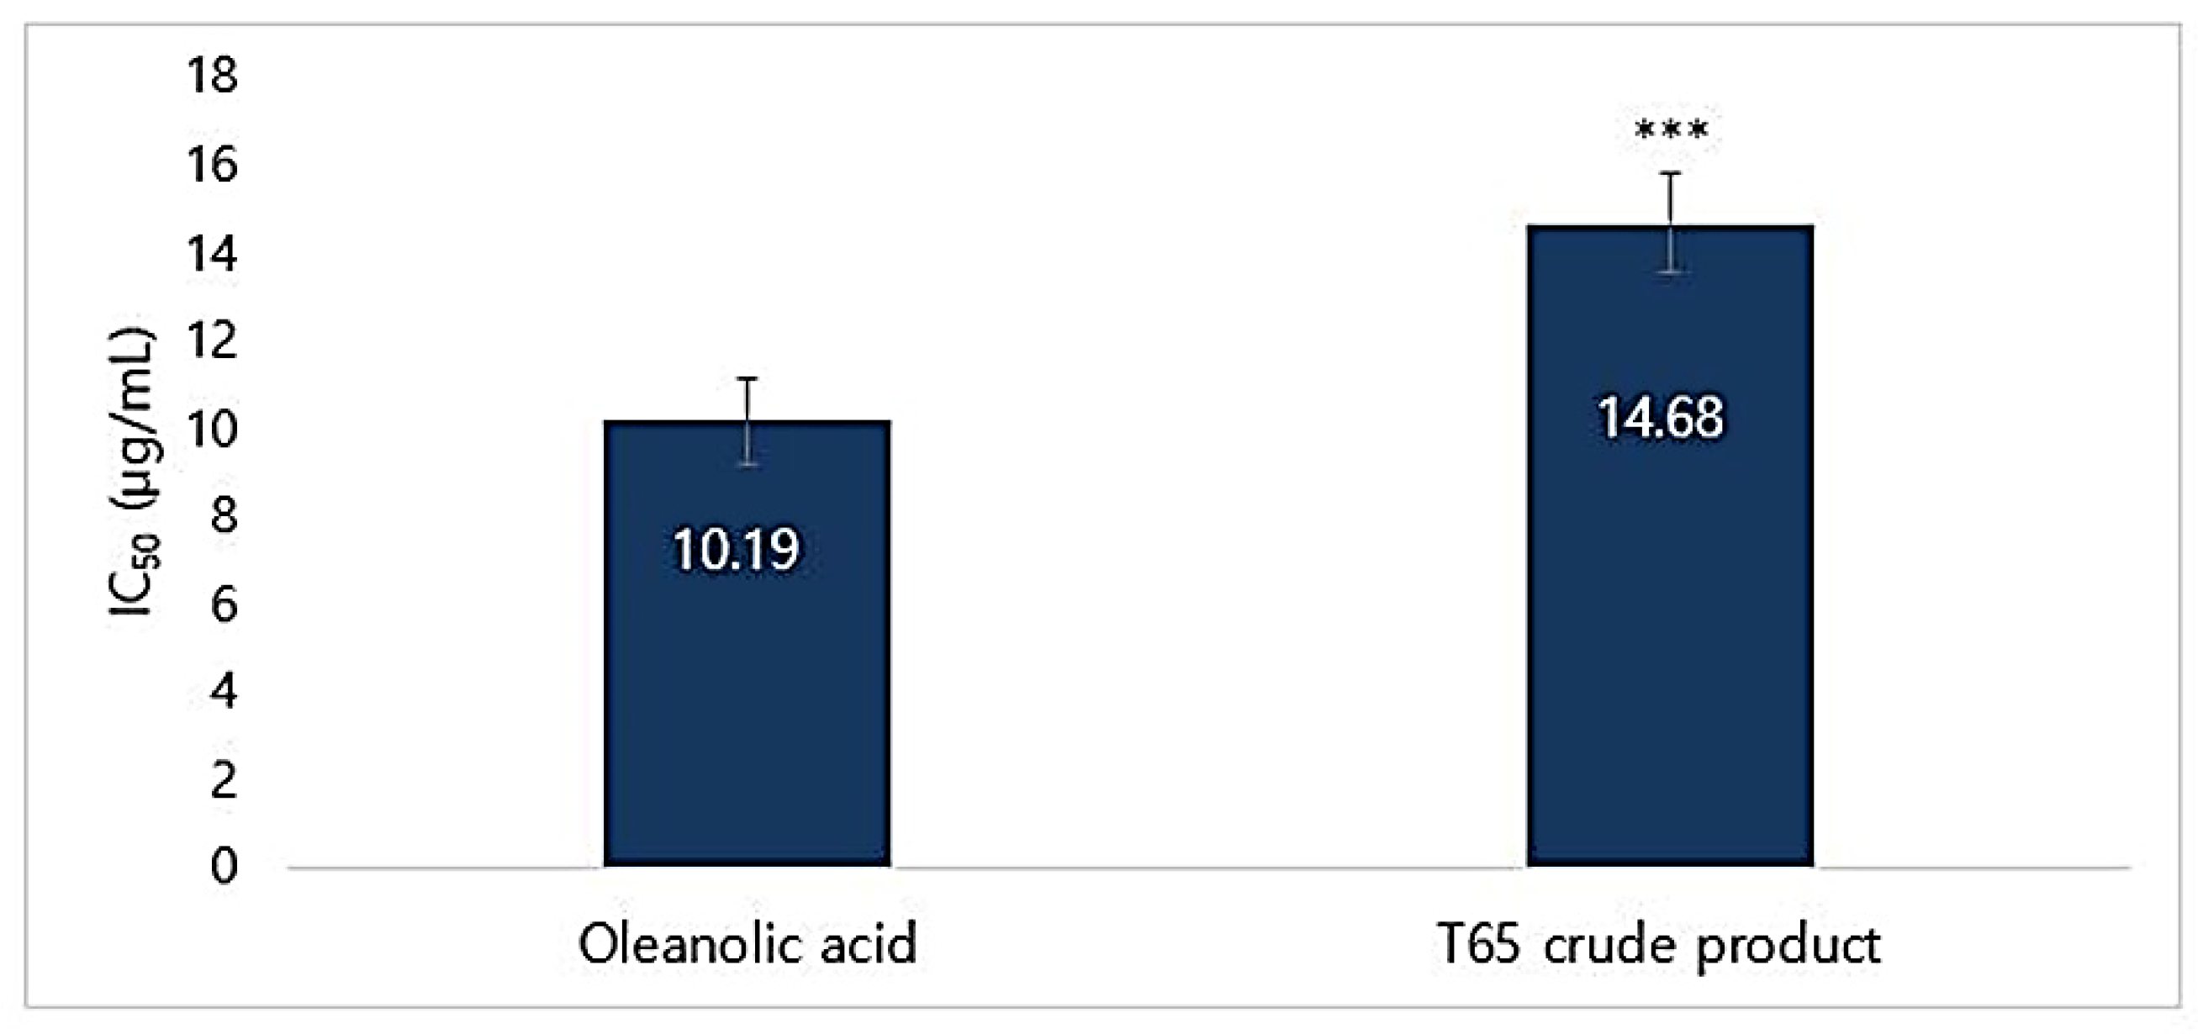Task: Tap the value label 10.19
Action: [737, 550]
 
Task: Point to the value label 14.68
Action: [1661, 418]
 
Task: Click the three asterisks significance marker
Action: [1671, 130]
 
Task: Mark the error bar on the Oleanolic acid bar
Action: [748, 421]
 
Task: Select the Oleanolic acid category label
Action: [748, 943]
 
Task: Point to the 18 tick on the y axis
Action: [212, 75]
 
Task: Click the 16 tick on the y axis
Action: [212, 165]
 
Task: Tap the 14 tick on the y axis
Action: [212, 253]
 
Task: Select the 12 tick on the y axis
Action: [212, 341]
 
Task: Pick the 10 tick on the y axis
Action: [212, 429]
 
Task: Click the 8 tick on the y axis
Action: [224, 516]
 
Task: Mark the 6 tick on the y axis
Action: [224, 605]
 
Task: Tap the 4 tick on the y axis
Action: [224, 692]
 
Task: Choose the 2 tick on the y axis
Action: [224, 780]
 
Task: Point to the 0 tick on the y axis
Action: [224, 867]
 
